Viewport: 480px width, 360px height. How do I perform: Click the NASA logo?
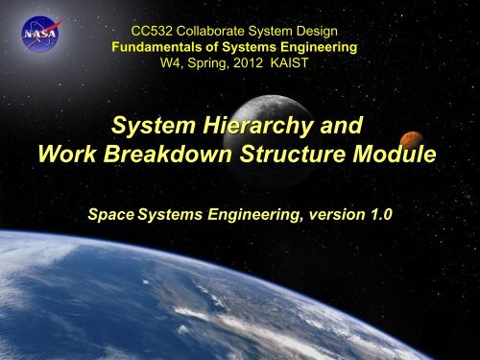pyautogui.click(x=41, y=34)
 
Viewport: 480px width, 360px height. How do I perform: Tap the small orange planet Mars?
pyautogui.click(x=412, y=140)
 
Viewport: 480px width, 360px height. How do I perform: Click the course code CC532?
pyautogui.click(x=152, y=32)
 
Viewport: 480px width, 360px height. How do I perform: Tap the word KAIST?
pyautogui.click(x=289, y=62)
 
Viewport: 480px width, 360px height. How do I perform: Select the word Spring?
pyautogui.click(x=208, y=64)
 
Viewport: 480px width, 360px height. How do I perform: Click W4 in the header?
pyautogui.click(x=171, y=63)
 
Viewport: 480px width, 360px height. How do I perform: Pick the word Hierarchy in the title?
pyautogui.click(x=258, y=126)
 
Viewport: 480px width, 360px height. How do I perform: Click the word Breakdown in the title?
pyautogui.click(x=168, y=154)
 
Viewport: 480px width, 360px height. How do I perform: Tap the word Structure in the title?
pyautogui.click(x=293, y=154)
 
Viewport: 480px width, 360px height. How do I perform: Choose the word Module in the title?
pyautogui.click(x=395, y=154)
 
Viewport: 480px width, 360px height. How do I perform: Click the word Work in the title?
pyautogui.click(x=67, y=154)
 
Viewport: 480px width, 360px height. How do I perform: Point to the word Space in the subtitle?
pyautogui.click(x=110, y=215)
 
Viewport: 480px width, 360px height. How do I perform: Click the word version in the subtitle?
pyautogui.click(x=337, y=215)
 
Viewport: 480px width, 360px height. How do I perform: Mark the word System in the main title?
pyautogui.click(x=154, y=126)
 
